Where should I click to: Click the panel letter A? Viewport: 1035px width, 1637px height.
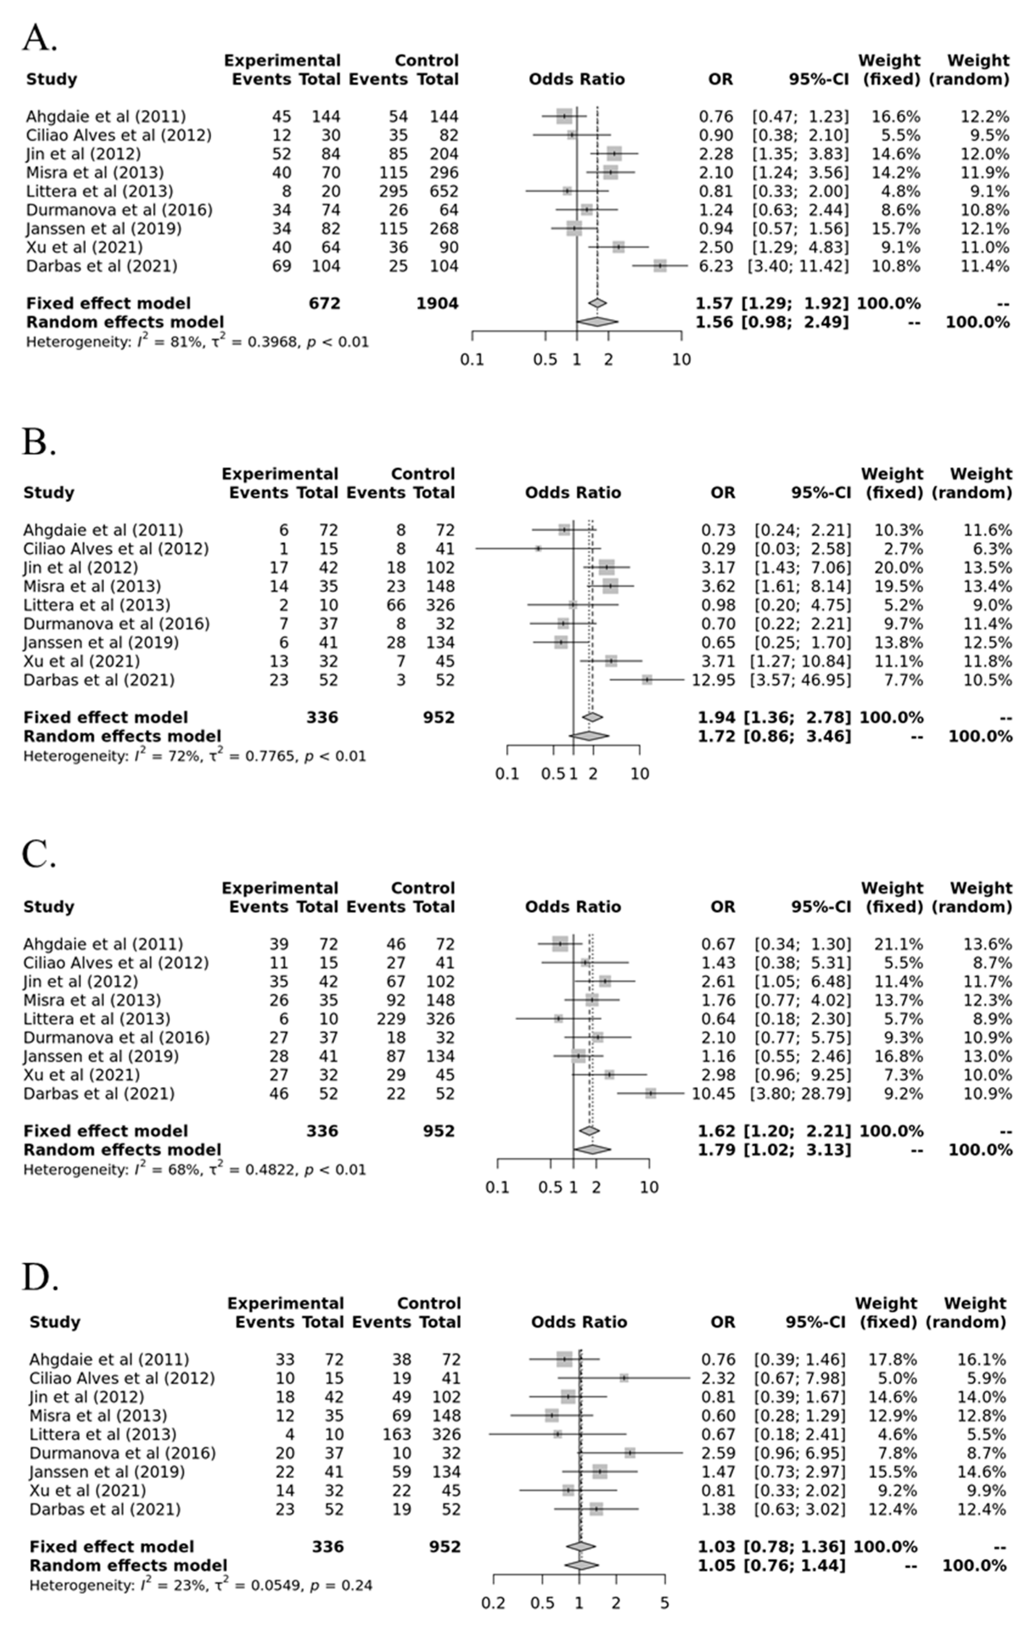coord(39,39)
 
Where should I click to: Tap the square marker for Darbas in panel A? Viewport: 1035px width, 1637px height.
coord(660,266)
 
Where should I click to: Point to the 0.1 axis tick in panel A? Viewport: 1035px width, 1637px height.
coord(472,359)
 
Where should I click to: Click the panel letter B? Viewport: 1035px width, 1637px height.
coord(39,443)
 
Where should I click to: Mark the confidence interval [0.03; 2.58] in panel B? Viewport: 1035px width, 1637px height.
coord(802,549)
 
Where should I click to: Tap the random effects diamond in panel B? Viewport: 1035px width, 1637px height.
coord(589,736)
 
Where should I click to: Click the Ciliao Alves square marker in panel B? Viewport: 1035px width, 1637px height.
coord(538,549)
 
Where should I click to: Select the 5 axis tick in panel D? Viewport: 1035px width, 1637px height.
coord(664,1603)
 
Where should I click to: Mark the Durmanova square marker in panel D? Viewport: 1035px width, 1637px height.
coord(630,1453)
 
